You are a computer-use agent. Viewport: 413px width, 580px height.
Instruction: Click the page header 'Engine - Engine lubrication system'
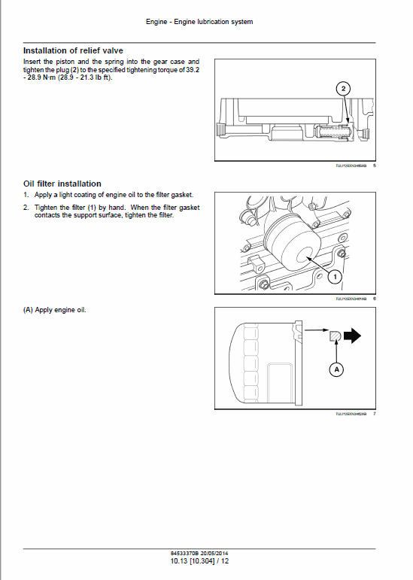coord(199,22)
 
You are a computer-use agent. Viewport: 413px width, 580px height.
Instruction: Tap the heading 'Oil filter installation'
coord(62,184)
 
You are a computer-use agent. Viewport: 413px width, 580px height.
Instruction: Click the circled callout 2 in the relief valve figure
coord(343,89)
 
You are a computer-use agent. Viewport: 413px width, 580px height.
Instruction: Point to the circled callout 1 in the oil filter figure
coord(335,277)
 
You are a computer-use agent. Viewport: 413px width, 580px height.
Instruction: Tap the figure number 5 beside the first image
coord(375,166)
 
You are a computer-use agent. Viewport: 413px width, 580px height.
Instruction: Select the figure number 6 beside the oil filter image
coord(375,299)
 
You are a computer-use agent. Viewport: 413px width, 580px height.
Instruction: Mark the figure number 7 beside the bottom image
coord(375,415)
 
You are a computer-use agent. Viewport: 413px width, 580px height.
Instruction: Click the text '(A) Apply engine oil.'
coord(54,310)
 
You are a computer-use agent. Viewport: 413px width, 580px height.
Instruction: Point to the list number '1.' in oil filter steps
coord(26,195)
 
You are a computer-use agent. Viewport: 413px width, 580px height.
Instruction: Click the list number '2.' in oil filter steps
coord(26,207)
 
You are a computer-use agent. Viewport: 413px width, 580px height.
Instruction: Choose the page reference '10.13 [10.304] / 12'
coord(199,561)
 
